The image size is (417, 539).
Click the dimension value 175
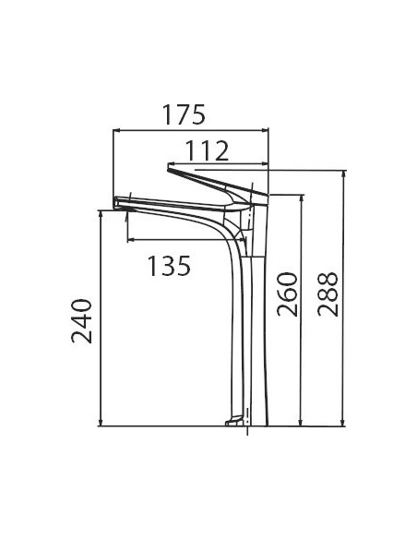(x=184, y=114)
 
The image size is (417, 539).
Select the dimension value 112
(x=207, y=150)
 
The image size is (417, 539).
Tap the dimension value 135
(x=169, y=266)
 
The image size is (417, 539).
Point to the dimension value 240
(x=82, y=321)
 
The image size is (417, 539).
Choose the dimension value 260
(x=287, y=294)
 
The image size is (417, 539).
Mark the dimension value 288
(x=328, y=294)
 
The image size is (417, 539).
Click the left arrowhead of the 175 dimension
(x=116, y=130)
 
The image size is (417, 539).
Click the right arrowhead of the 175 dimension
(x=265, y=130)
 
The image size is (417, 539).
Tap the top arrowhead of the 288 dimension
(x=342, y=174)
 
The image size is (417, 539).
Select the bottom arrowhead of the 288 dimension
(x=342, y=423)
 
